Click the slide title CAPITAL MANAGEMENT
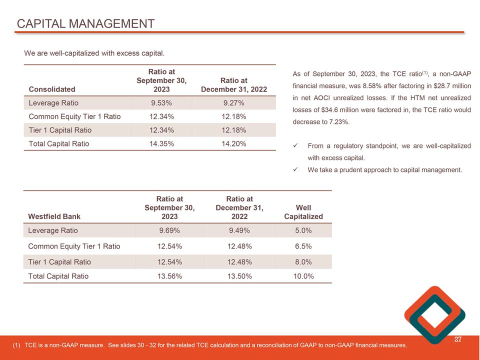pos(85,24)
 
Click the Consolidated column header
pos(52,89)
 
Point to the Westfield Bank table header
pos(54,216)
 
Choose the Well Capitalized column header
pos(303,212)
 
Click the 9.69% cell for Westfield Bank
pos(169,230)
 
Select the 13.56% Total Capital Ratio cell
pos(169,276)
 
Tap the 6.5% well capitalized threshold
pos(303,246)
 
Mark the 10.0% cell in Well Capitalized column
pos(303,276)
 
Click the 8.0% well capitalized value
pos(303,261)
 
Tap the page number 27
pos(457,339)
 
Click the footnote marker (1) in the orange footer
pos(16,345)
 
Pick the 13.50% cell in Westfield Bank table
pos(239,276)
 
